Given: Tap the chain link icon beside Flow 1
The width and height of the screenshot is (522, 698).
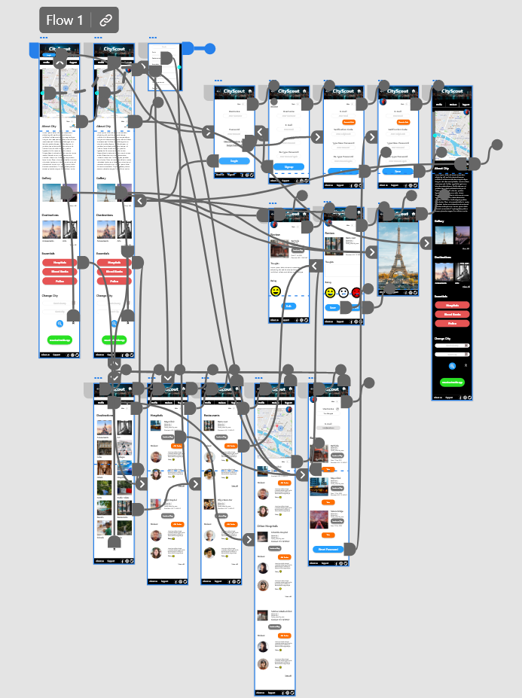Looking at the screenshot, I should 106,20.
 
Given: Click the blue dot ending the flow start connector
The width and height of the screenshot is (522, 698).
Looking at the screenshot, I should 210,49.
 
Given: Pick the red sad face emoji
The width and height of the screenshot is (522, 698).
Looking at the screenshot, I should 356,292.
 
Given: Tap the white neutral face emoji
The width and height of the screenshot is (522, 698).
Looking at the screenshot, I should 343,292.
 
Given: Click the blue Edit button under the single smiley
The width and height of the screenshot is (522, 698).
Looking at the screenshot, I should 288,306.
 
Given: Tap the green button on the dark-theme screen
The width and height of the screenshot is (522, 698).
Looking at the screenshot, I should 452,383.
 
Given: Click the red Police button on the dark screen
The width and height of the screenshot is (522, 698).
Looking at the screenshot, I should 452,323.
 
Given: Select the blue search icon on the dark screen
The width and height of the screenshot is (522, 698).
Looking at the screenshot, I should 452,365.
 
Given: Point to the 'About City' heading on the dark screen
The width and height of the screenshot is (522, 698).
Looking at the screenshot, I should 444,169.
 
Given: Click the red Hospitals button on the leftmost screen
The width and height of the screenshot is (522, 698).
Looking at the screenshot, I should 59,262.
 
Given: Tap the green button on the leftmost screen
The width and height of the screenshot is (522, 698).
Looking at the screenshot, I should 59,340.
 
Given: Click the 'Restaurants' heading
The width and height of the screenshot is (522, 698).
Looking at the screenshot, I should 212,415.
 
